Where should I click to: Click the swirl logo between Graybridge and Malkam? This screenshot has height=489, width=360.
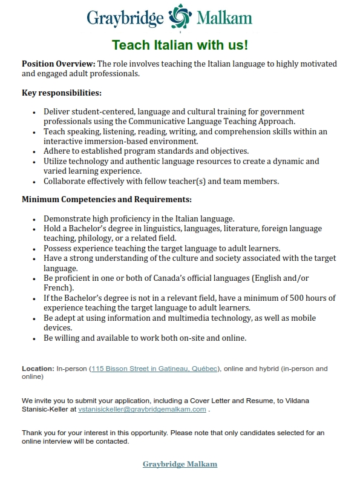coord(180,18)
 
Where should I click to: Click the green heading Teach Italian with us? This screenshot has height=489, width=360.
coord(180,45)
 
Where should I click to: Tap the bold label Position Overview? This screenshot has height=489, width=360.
coord(59,64)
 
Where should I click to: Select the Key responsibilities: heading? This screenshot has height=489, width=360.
coord(62,93)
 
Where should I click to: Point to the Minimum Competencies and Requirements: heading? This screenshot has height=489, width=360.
coord(106,199)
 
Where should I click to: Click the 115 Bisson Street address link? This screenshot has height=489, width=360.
coord(154,368)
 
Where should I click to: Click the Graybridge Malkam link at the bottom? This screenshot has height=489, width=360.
coord(180,464)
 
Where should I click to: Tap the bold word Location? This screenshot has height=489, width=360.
coord(38,368)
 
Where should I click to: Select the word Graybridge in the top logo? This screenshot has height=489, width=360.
coord(125,19)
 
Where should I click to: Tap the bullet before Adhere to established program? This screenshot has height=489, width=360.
coord(33,151)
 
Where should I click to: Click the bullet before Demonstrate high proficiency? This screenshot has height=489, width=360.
coord(33,218)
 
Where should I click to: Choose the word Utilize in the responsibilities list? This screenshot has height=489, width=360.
coord(57,161)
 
